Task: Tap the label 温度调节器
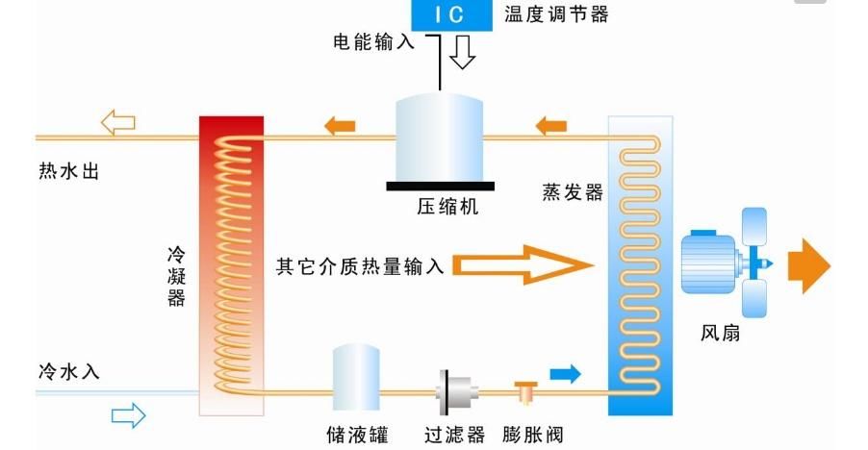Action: coord(556,14)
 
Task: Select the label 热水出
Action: coord(68,173)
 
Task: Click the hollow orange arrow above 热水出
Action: coord(117,123)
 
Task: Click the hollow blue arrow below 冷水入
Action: coord(128,415)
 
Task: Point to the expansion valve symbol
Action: coord(524,390)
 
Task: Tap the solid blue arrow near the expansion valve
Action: coord(565,373)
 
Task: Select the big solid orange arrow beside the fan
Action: coord(807,265)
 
